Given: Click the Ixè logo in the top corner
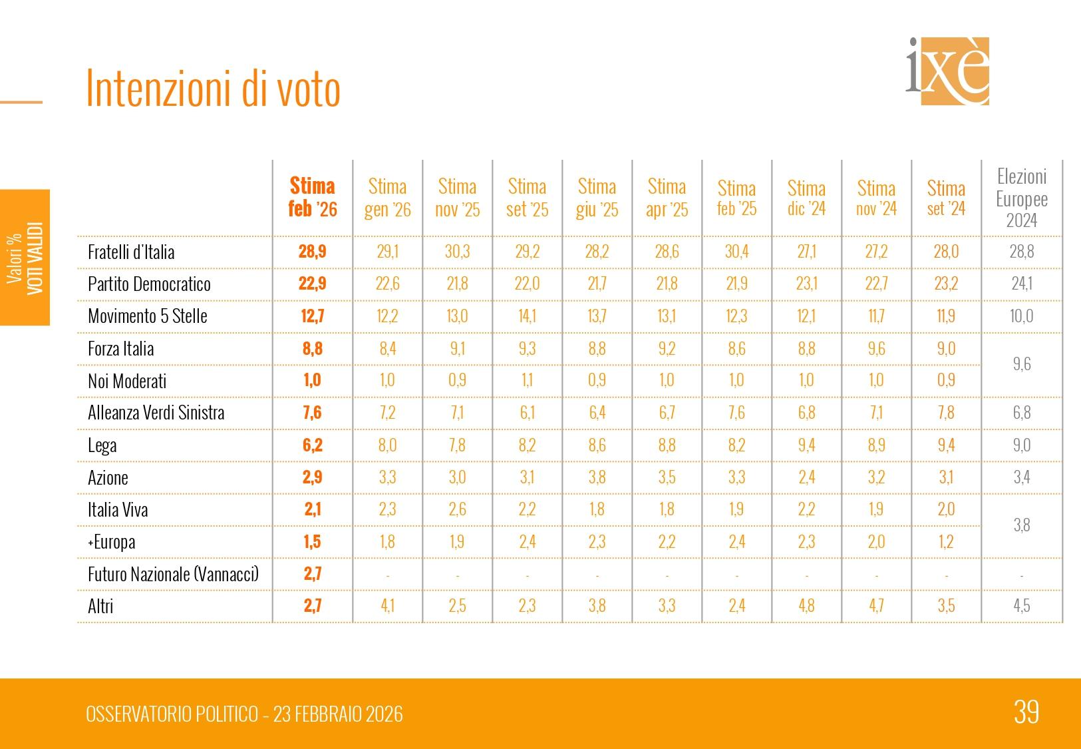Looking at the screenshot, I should coord(947,71).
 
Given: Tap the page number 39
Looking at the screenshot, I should coord(1026,712).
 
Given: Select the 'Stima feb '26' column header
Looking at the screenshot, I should coord(313,197).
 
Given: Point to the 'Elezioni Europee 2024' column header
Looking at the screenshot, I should coord(1022,198).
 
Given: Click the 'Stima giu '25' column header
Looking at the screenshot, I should coord(597,198).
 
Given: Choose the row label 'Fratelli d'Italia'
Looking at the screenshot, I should coord(131,252).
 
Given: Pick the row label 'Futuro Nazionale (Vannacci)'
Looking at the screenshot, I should coord(173,574).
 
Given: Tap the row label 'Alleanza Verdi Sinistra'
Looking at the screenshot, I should coord(156,413).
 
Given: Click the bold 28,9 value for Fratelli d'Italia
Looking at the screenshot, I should coord(313,252).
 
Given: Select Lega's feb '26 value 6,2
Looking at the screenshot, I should coord(313,445).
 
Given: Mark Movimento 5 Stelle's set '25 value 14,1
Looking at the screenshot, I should coord(527,316).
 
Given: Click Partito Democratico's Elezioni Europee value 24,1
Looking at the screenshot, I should coord(1022,284).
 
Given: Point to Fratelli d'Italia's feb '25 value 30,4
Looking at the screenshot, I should coord(736,252).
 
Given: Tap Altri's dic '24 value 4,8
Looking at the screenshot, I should coord(806,606).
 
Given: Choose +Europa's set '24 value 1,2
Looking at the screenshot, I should coord(946,542).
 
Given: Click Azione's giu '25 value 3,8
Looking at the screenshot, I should coord(597,477).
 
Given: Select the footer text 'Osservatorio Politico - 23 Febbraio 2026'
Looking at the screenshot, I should coord(244,714).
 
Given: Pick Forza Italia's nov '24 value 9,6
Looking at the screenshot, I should coord(876,348).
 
